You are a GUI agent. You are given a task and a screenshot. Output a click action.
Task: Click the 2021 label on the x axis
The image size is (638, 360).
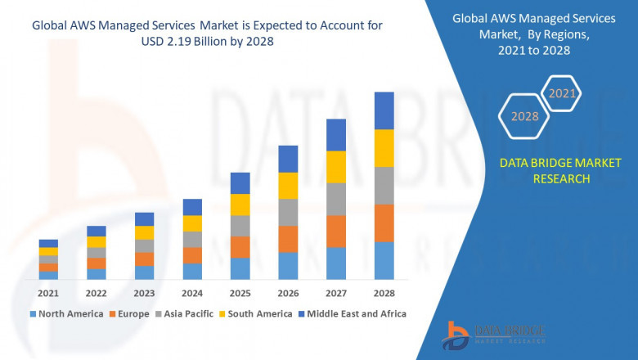click(x=48, y=293)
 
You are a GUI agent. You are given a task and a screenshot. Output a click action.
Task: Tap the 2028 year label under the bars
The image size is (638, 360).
click(x=384, y=293)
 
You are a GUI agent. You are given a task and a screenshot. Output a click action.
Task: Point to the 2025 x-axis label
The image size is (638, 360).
click(x=240, y=293)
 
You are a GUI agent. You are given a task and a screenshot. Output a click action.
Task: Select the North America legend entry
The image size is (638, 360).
click(x=66, y=313)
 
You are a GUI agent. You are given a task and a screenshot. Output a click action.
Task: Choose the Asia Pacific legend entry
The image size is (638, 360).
click(x=186, y=313)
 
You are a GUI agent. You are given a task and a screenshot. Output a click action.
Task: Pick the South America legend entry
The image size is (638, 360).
click(x=257, y=313)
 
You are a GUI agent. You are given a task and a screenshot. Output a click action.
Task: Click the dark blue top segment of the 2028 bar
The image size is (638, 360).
click(x=384, y=110)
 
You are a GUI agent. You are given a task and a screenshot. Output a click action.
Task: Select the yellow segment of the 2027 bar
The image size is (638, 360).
click(x=336, y=167)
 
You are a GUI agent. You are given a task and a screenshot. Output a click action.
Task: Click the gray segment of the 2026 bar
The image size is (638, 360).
click(x=288, y=212)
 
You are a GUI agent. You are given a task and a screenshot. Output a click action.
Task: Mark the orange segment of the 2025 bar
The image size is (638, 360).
click(x=240, y=247)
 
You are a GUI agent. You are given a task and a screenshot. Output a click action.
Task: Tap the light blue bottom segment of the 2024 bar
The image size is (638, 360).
click(x=192, y=271)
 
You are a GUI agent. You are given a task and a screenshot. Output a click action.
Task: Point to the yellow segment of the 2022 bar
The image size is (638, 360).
click(x=97, y=241)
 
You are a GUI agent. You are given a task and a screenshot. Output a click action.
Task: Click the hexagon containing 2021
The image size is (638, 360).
click(x=562, y=93)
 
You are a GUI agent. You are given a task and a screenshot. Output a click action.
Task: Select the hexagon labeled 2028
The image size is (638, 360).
click(x=524, y=116)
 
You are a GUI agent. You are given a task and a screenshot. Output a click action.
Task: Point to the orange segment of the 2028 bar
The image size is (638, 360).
click(x=384, y=223)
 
